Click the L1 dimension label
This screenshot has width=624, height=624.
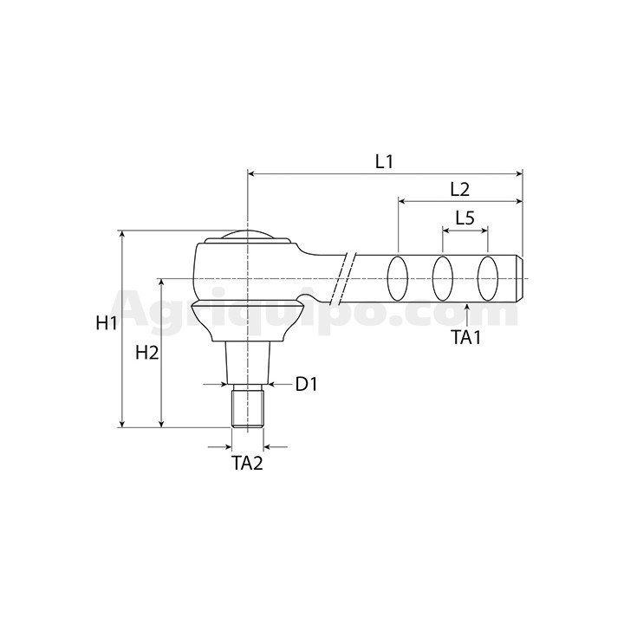pos(384,162)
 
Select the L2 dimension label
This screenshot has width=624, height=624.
pos(460,190)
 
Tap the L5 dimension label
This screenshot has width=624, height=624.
pos(465,218)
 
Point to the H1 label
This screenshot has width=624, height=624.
pos(107,322)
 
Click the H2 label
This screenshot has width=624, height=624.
pos(147,353)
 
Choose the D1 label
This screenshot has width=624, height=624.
pos(307,384)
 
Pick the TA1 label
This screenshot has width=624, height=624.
pos(466,337)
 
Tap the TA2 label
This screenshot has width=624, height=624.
pos(247,463)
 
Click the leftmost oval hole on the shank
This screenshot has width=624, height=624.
pos(398,278)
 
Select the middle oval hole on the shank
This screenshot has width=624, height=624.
pos(443,278)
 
